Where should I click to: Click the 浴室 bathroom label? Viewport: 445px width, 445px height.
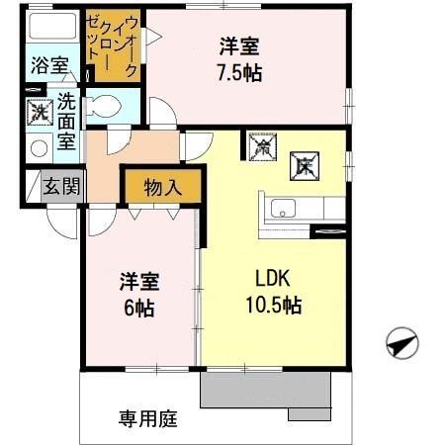(x=48, y=67)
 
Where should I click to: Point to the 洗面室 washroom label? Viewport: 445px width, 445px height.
(x=66, y=121)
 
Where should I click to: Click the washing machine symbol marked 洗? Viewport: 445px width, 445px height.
(x=39, y=112)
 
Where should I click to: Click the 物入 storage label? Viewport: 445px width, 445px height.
(x=162, y=186)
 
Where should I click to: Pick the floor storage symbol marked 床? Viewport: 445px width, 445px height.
(x=302, y=164)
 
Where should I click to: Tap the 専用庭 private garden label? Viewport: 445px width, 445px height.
(x=148, y=418)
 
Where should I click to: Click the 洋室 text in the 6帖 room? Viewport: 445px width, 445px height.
(x=139, y=281)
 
